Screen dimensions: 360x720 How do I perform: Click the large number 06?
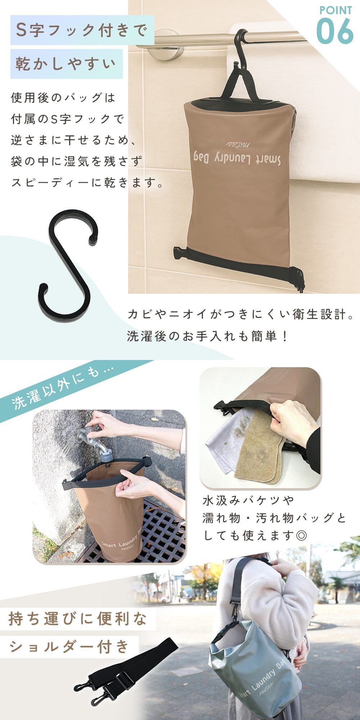point(335,31)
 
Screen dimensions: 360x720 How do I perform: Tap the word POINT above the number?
point(336,10)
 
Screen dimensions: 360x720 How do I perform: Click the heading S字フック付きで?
point(82,30)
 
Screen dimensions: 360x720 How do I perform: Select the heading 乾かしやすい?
point(66,64)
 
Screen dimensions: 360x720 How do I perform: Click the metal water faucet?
point(95,441)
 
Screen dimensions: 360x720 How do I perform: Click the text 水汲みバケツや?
point(248,500)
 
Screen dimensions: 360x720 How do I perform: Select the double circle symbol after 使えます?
point(301,536)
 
